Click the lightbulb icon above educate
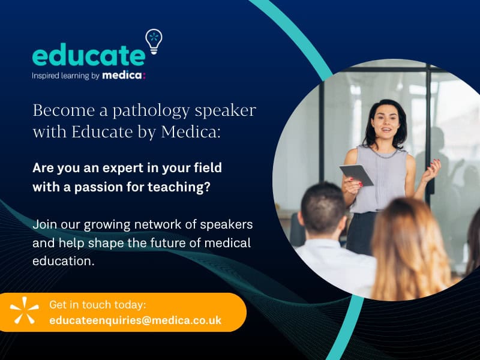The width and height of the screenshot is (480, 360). click(x=154, y=41)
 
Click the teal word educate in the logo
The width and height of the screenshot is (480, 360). click(x=88, y=54)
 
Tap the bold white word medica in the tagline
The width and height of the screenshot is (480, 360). click(x=122, y=76)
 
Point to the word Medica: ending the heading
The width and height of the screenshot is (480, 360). click(x=191, y=131)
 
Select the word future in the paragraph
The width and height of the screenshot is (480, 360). click(x=166, y=243)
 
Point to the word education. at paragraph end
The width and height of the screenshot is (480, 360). click(x=64, y=261)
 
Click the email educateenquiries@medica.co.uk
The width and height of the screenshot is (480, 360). click(x=136, y=320)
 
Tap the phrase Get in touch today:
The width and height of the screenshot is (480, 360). click(x=98, y=305)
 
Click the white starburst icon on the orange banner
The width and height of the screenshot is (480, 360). click(x=25, y=310)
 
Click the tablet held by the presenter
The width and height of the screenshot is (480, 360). click(x=356, y=175)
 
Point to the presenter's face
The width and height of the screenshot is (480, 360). click(x=386, y=121)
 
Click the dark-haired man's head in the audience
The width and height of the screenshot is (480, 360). click(x=323, y=208)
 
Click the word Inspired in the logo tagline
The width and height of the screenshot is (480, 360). click(x=46, y=76)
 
